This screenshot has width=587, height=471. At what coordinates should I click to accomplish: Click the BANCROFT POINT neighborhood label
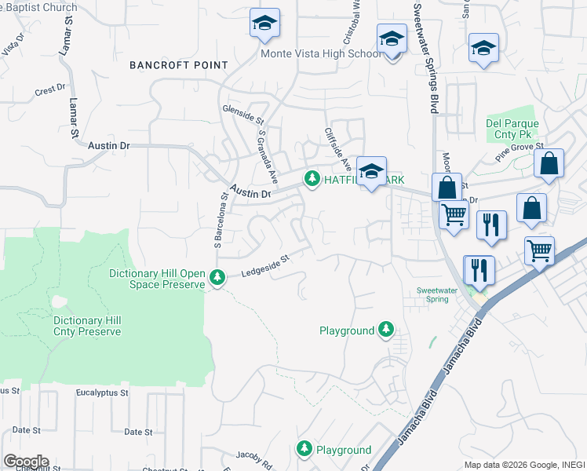click(x=179, y=65)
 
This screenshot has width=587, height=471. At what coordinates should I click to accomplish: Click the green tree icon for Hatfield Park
click(x=312, y=180)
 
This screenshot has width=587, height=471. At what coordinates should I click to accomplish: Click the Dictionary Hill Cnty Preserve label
click(x=87, y=326)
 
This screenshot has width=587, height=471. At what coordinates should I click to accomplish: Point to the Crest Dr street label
click(x=50, y=91)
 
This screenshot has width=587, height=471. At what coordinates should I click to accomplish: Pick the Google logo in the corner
click(x=26, y=461)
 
